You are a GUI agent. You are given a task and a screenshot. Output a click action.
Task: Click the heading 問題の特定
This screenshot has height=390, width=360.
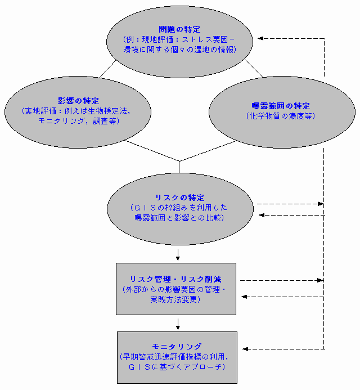(179, 29)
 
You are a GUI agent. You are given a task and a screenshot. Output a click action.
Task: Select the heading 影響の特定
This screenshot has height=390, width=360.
(78, 100)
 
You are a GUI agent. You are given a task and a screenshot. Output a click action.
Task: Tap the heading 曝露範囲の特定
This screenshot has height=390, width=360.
(281, 106)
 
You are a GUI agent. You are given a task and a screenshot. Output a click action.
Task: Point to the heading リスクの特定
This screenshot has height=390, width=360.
(179, 198)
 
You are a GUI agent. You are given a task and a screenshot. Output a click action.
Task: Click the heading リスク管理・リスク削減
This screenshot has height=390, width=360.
(176, 280)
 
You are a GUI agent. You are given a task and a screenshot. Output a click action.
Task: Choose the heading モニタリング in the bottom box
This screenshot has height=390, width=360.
(177, 347)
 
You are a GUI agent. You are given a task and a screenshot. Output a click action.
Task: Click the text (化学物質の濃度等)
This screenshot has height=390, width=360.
(281, 115)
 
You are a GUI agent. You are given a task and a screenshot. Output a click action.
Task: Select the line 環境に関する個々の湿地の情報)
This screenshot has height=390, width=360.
(179, 50)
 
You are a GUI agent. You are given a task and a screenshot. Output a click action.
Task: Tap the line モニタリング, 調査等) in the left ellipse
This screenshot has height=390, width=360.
(78, 120)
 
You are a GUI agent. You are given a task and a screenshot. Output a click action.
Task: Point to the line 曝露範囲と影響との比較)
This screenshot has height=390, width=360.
(179, 218)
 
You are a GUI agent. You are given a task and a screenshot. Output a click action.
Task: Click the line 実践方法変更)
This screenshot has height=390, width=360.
(176, 300)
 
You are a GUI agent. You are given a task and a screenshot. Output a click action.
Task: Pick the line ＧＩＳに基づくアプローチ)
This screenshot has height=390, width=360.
(177, 367)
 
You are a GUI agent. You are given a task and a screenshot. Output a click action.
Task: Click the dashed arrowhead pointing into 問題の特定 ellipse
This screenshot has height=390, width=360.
(260, 38)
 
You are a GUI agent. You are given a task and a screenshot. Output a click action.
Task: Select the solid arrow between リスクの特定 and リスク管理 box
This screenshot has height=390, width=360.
(178, 257)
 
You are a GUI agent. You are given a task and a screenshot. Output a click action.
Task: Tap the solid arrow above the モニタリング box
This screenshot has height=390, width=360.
(178, 325)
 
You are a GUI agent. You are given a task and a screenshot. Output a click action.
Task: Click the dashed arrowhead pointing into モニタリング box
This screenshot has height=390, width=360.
(245, 349)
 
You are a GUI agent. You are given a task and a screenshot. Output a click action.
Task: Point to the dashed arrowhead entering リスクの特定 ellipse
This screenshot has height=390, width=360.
(260, 214)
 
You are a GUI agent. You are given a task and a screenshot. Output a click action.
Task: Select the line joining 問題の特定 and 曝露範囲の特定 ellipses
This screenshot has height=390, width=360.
(254, 68)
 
